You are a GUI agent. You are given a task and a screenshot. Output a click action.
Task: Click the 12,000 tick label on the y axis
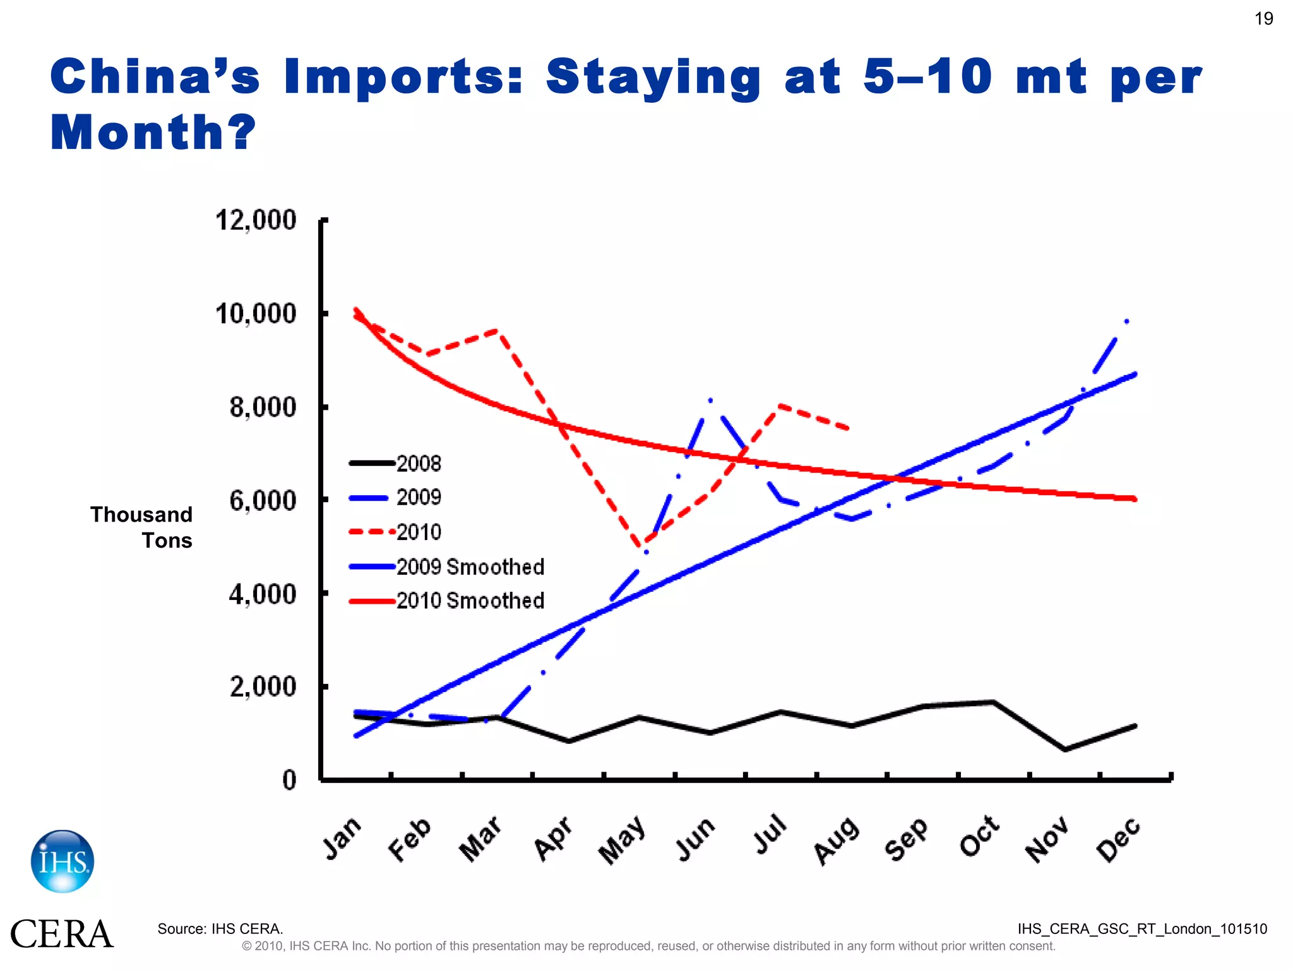(256, 220)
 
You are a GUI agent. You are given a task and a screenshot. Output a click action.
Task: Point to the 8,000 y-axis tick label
(263, 407)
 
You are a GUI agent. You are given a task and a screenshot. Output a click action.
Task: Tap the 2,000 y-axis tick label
(263, 687)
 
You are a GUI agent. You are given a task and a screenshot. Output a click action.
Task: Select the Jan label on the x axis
(342, 838)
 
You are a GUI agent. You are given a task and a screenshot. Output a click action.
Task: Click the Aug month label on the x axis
(837, 840)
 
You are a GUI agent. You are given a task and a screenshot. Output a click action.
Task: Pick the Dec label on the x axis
(1118, 839)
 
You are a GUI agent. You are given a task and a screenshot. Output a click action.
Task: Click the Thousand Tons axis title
(141, 527)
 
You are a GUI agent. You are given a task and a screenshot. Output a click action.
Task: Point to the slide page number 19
(1263, 19)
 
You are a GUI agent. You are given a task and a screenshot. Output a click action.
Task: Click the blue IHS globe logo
(63, 861)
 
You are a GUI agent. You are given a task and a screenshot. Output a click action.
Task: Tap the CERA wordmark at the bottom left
(61, 935)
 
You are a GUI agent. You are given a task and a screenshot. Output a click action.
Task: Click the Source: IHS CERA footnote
(220, 929)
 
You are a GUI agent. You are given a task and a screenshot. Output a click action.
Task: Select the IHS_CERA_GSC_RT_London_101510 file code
(1142, 929)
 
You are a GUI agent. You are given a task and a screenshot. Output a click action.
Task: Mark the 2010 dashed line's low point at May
(641, 545)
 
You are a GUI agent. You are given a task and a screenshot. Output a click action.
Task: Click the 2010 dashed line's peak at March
(498, 330)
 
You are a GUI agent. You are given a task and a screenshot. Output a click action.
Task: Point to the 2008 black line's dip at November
(1064, 750)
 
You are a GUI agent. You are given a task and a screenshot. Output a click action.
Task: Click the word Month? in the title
(153, 133)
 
